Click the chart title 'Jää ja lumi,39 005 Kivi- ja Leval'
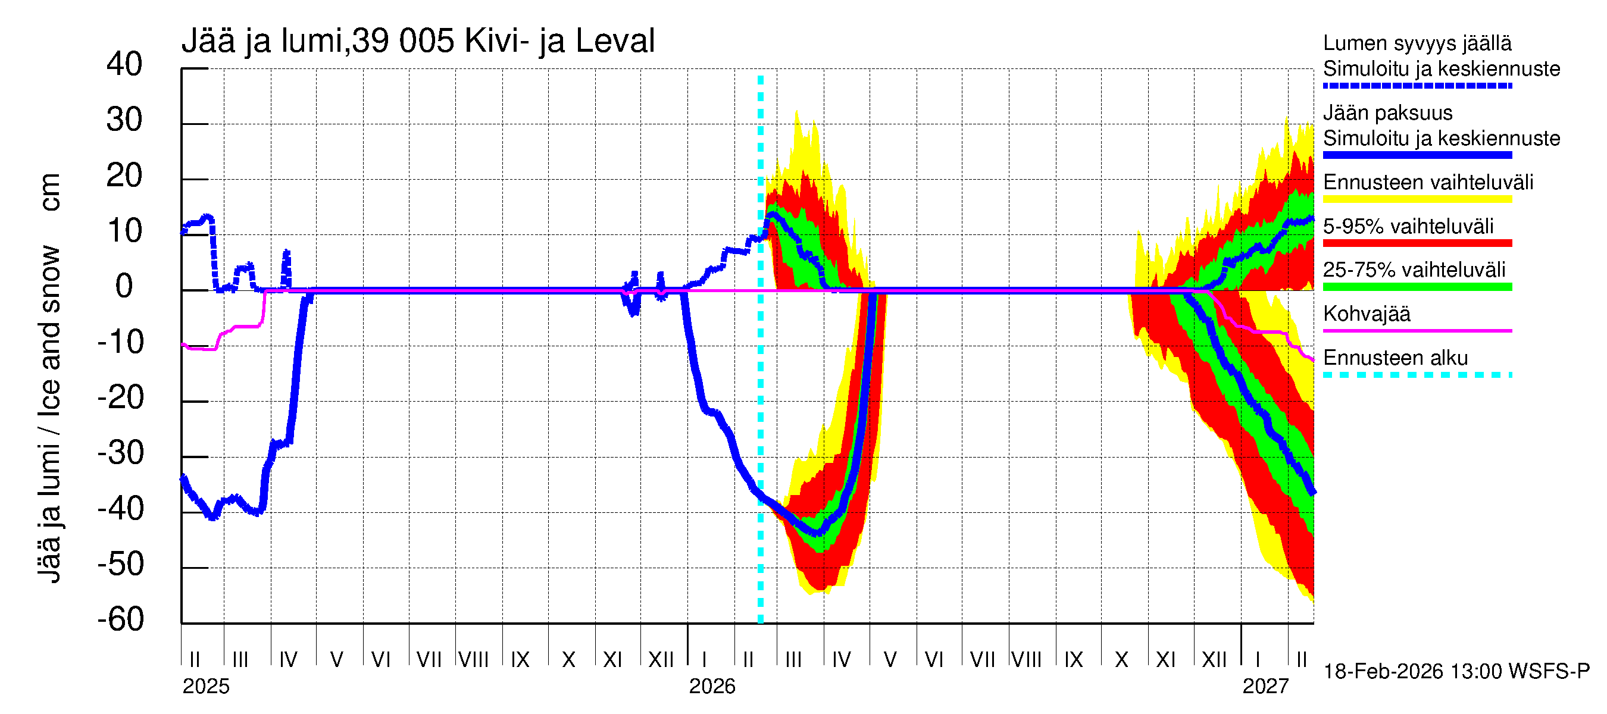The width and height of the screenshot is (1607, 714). pyautogui.click(x=417, y=41)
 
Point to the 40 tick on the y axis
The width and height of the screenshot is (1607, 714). pyautogui.click(x=124, y=64)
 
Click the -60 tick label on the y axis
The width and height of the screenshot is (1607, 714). pyautogui.click(x=120, y=619)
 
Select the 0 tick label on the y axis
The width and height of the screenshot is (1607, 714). pyautogui.click(x=124, y=286)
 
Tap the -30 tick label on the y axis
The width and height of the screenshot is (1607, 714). pyautogui.click(x=120, y=453)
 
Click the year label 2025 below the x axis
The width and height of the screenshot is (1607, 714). pyautogui.click(x=206, y=687)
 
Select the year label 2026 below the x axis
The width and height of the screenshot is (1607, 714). pyautogui.click(x=712, y=687)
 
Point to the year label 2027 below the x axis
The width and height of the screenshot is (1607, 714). pyautogui.click(x=1265, y=687)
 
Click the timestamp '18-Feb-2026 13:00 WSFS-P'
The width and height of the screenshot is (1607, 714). pyautogui.click(x=1456, y=672)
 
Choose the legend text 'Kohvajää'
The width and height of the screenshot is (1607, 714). pyautogui.click(x=1366, y=314)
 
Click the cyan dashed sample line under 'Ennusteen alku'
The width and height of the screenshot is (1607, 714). pyautogui.click(x=1417, y=375)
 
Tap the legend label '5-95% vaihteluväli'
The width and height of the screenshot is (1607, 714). pyautogui.click(x=1408, y=226)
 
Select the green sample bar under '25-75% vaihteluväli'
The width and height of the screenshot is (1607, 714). pyautogui.click(x=1417, y=287)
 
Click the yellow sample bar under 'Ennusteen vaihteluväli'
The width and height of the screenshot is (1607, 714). pyautogui.click(x=1417, y=199)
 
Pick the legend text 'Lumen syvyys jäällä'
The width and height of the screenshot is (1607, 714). pyautogui.click(x=1417, y=43)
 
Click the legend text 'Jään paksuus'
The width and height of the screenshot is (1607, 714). pyautogui.click(x=1387, y=113)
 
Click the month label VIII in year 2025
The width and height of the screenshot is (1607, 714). pyautogui.click(x=474, y=659)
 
